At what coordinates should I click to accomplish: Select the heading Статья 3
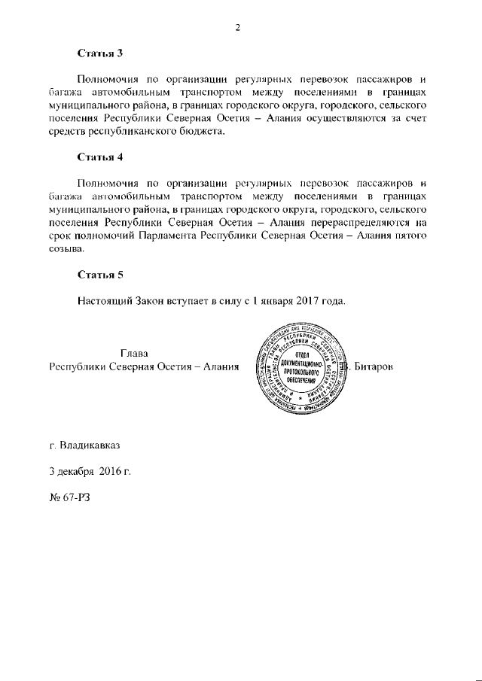99,53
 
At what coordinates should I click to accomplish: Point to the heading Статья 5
99,274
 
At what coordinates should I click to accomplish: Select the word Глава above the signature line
134,353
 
